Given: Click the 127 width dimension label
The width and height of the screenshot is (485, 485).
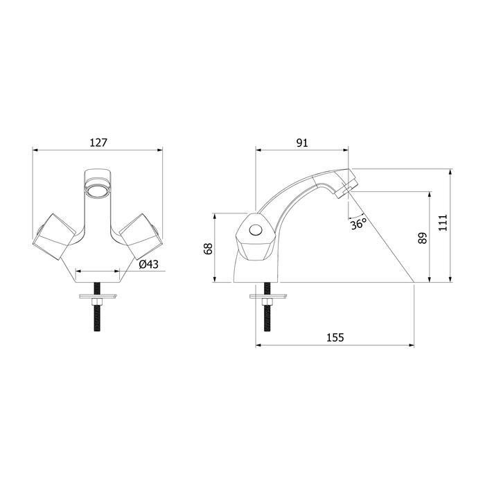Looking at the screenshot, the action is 98,143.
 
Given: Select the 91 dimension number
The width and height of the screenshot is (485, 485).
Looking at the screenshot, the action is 302,143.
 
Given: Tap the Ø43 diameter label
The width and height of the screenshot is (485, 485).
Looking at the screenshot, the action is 148,264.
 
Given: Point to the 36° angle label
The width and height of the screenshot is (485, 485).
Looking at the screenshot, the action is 358,224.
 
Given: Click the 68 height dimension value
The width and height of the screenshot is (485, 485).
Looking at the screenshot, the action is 208,248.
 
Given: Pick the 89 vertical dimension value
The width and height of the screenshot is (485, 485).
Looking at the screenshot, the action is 423,238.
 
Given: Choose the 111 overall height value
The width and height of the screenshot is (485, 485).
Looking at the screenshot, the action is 443,222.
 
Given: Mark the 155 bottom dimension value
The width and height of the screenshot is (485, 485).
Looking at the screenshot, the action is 335,337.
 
